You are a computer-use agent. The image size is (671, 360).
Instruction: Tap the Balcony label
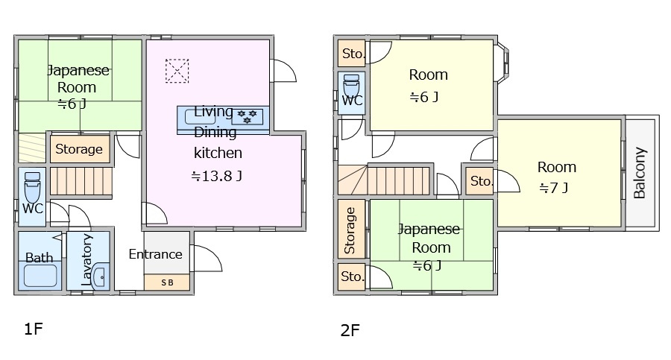pyautogui.click(x=640, y=173)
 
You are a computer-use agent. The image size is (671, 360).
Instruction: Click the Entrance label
pyautogui.click(x=155, y=254)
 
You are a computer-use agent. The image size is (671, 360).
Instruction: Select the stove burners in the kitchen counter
pyautogui.click(x=246, y=116)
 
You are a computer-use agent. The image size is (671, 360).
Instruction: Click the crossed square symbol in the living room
pyautogui.click(x=177, y=71)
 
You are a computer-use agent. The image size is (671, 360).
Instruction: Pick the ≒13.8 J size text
pyautogui.click(x=217, y=177)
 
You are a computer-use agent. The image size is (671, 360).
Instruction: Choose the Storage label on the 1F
pyautogui.click(x=79, y=149)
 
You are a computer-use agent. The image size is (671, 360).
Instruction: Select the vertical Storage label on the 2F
pyautogui.click(x=350, y=230)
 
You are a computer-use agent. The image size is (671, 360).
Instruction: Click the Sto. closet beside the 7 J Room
pyautogui.click(x=482, y=181)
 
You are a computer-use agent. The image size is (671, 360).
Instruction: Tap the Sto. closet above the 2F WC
pyautogui.click(x=352, y=53)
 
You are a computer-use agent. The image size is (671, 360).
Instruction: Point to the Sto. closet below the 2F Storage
pyautogui.click(x=352, y=277)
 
